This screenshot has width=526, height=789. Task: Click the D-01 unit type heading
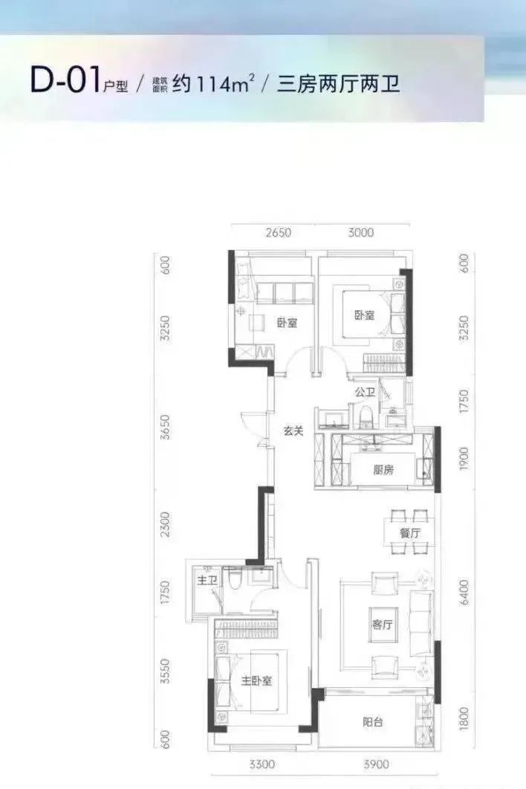point(65,80)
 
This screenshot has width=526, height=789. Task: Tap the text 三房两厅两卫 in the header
point(339,83)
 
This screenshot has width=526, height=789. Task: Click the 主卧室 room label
point(256,680)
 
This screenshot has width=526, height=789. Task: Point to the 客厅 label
point(381,625)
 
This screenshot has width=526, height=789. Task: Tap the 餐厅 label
point(409,533)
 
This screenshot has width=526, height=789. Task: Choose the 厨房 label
point(383,469)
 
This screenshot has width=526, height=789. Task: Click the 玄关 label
point(293,430)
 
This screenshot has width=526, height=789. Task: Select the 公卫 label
point(364,392)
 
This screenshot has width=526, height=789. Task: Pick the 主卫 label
point(207,580)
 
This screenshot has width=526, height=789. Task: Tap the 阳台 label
point(373,721)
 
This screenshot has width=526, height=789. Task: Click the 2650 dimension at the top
point(277,234)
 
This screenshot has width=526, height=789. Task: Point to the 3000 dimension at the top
point(361,234)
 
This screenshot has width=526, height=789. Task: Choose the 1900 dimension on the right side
point(464,462)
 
